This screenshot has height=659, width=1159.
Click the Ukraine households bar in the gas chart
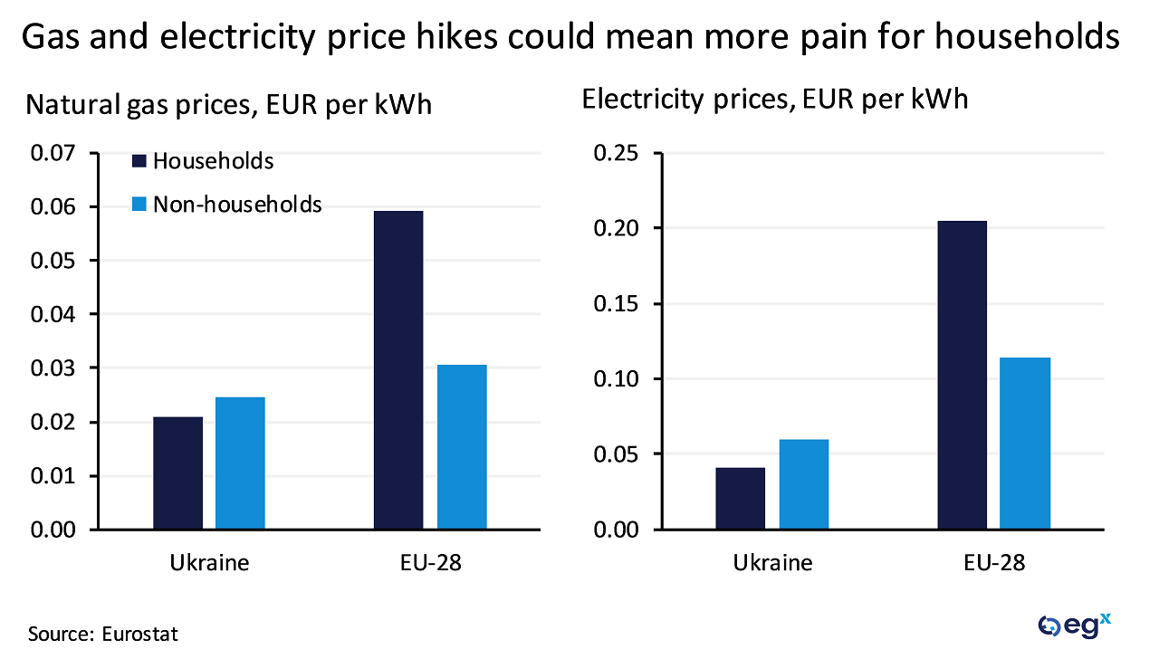point(177,473)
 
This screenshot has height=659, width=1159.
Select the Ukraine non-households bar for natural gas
point(240,463)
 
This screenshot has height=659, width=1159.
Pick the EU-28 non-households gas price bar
point(462,447)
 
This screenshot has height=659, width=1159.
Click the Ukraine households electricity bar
point(740,498)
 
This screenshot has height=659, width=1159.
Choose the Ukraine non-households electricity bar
point(803,484)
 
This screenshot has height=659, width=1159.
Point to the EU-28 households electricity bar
point(962,375)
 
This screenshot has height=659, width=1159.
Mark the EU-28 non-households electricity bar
point(1025,444)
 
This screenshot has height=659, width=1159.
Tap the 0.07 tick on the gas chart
point(55,153)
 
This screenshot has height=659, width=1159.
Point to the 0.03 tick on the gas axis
point(55,368)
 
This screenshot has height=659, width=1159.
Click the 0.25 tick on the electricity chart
point(616,153)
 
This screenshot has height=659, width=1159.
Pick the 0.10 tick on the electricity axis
point(616,378)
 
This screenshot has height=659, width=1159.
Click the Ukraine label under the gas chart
point(209,562)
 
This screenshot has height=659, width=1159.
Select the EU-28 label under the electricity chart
point(994,562)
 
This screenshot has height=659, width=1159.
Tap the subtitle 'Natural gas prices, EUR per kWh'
point(229,105)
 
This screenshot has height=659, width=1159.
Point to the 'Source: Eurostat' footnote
point(103,634)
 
